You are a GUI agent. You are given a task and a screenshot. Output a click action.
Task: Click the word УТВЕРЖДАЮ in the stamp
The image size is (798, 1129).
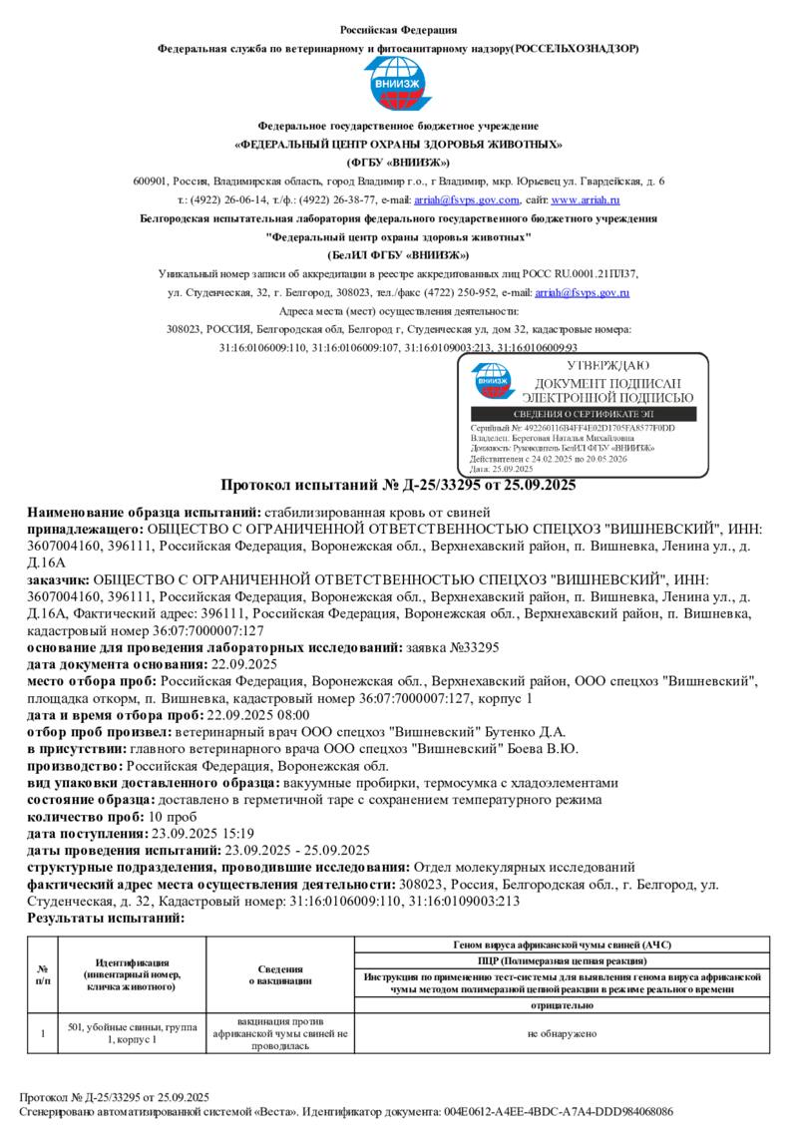[607, 367]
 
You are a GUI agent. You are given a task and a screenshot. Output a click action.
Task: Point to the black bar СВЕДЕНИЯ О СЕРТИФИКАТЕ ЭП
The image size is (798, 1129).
[584, 414]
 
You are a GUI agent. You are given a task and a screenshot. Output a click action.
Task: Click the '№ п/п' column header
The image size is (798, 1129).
[43, 973]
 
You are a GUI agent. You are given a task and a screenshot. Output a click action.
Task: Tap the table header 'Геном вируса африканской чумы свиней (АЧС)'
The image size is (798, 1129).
[563, 944]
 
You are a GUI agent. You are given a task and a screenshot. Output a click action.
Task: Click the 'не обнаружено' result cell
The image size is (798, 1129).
[563, 1034]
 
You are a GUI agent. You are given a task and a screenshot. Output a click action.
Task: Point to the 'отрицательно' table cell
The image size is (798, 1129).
[563, 1006]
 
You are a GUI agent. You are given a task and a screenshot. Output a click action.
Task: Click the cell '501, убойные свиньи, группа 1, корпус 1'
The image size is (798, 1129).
[132, 1033]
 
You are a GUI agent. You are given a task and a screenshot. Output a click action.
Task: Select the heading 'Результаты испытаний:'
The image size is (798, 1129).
[106, 918]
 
